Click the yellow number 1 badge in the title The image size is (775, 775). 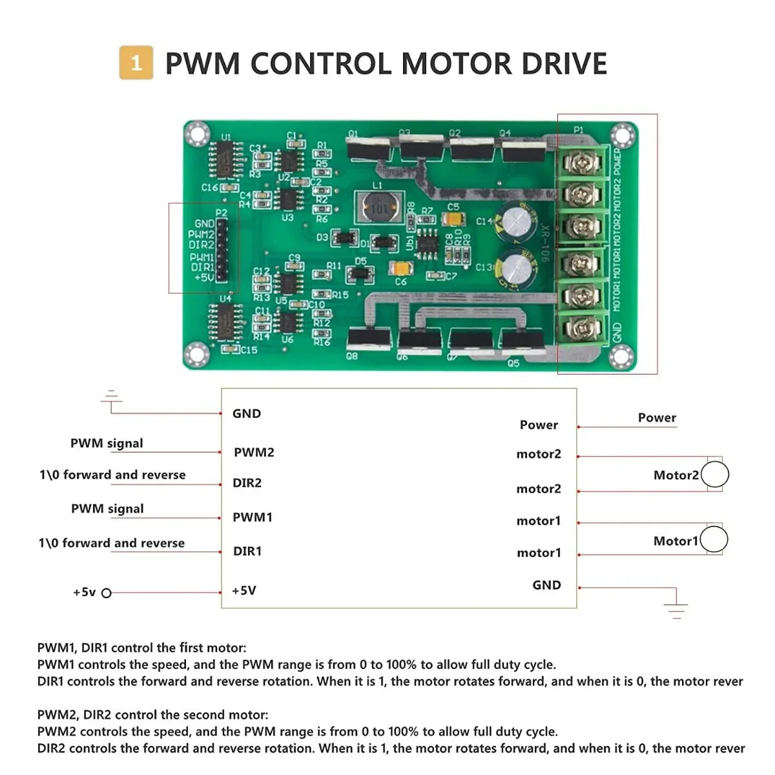pyautogui.click(x=136, y=63)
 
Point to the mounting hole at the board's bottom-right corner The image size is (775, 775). pyautogui.click(x=620, y=355)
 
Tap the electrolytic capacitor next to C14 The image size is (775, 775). pyautogui.click(x=517, y=222)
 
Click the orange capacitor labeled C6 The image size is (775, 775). pyautogui.click(x=401, y=269)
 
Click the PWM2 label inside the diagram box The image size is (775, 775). pyautogui.click(x=254, y=453)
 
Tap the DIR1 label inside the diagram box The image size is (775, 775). pyautogui.click(x=247, y=552)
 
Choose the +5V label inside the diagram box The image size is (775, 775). pyautogui.click(x=244, y=591)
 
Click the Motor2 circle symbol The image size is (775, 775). pyautogui.click(x=715, y=475)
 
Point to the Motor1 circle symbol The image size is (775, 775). pyautogui.click(x=714, y=540)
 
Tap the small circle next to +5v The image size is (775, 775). pyautogui.click(x=107, y=593)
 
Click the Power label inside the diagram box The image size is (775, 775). pyautogui.click(x=539, y=425)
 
